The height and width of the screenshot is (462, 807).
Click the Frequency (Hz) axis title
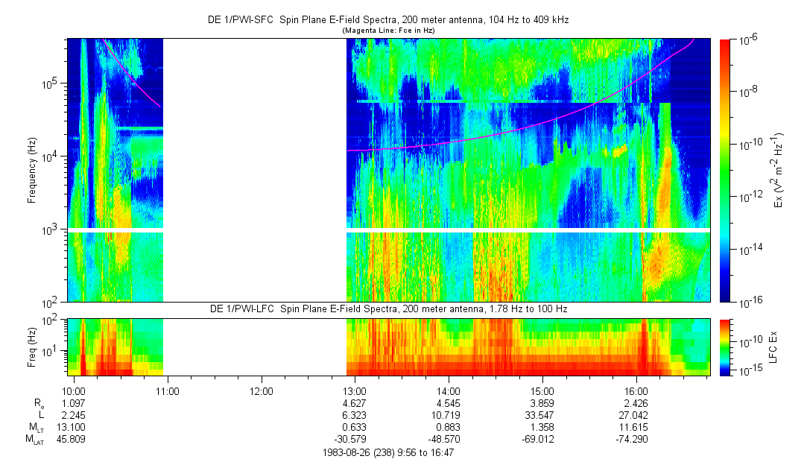click(x=32, y=171)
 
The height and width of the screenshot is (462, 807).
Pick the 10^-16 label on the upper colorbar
click(x=749, y=300)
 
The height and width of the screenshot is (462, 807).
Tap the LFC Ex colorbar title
click(x=773, y=346)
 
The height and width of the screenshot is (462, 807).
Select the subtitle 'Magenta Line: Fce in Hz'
click(x=388, y=30)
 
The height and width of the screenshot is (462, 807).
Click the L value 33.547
click(x=542, y=415)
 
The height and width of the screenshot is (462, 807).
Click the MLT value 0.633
click(x=355, y=427)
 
